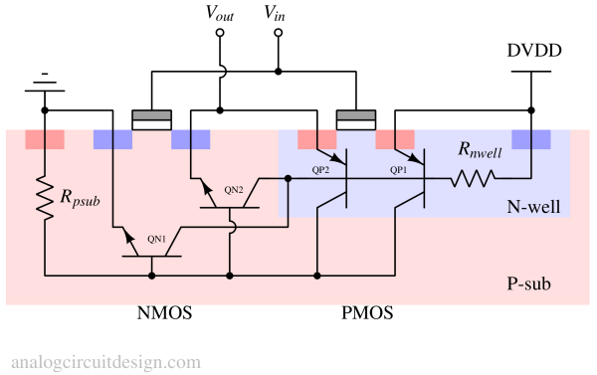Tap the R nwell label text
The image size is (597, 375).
[480, 150]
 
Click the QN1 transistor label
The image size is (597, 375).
[157, 239]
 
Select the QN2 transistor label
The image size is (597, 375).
[233, 189]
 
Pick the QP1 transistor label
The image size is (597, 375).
[399, 170]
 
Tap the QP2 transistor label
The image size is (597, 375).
[320, 170]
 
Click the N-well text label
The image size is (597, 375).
[533, 207]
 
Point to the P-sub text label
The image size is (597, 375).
[521, 285]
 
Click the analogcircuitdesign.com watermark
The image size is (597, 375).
[105, 362]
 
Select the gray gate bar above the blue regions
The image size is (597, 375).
[151, 115]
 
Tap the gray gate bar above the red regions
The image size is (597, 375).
[356, 115]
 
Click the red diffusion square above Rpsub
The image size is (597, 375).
[45, 138]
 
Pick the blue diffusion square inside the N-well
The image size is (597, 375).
[530, 138]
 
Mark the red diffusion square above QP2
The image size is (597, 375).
[317, 138]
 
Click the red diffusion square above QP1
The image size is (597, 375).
[395, 138]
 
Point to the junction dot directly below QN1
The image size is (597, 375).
[151, 275]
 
